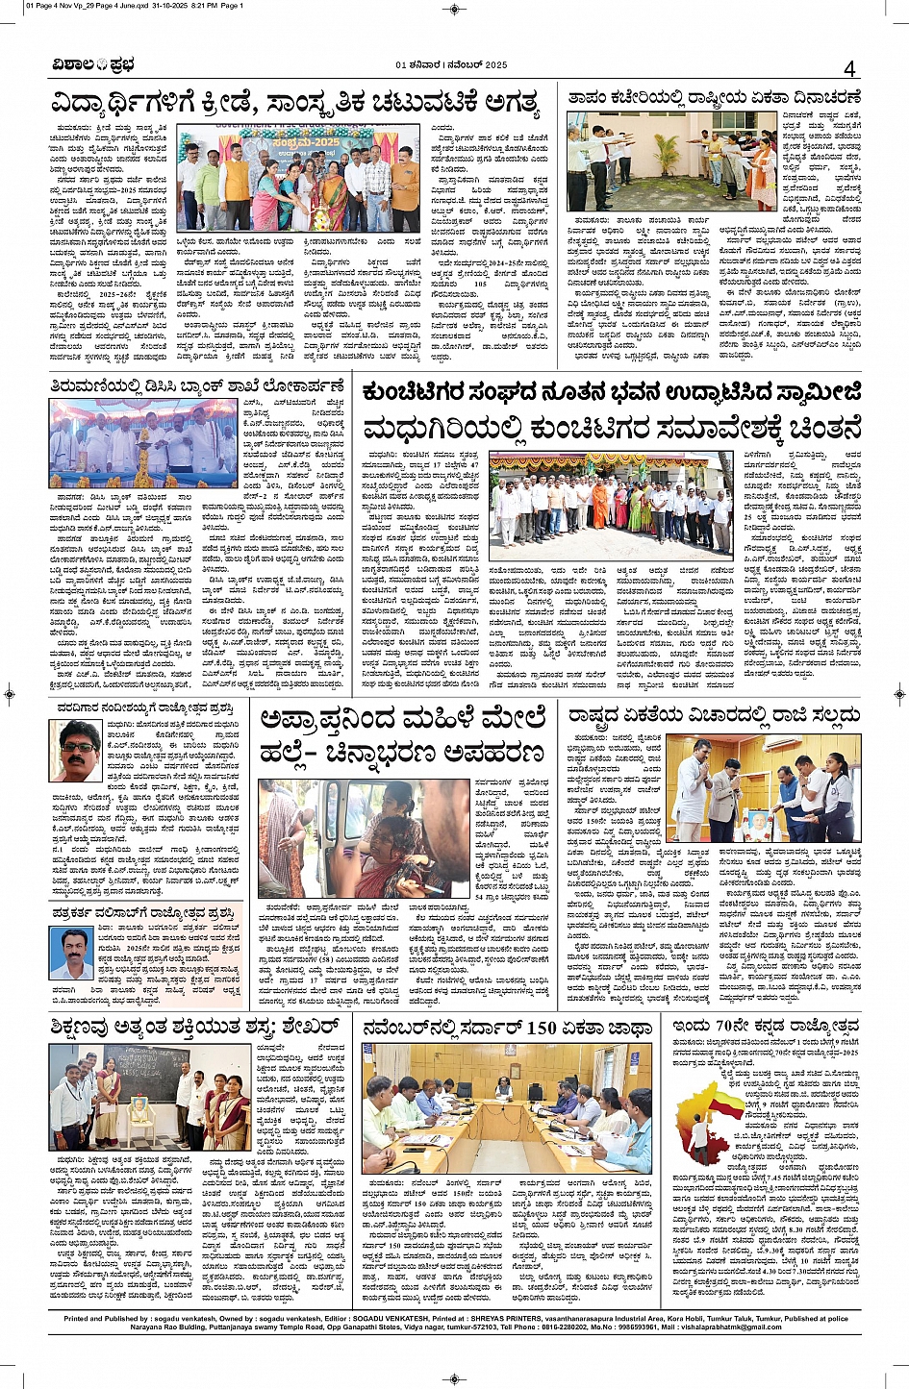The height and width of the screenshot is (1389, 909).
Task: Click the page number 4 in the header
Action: pos(849,69)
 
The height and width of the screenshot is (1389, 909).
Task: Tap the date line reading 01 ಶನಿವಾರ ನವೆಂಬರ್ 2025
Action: pos(451,65)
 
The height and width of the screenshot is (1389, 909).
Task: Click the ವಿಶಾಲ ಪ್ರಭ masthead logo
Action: pos(93,65)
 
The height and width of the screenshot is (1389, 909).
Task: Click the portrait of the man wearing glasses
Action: pos(76,750)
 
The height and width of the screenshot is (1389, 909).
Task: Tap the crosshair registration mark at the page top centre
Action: pos(454,9)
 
